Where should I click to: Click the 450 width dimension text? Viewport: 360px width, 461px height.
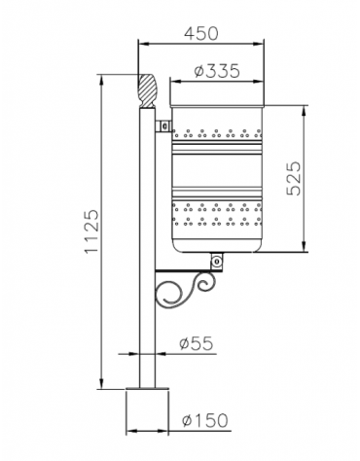[x=200, y=32]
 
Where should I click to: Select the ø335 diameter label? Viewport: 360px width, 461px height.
[x=217, y=71]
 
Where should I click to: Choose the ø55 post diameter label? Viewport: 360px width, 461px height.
[x=198, y=341]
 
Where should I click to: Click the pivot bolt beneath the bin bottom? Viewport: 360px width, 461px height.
[x=216, y=260]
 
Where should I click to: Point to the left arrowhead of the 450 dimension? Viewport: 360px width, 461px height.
[x=139, y=44]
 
